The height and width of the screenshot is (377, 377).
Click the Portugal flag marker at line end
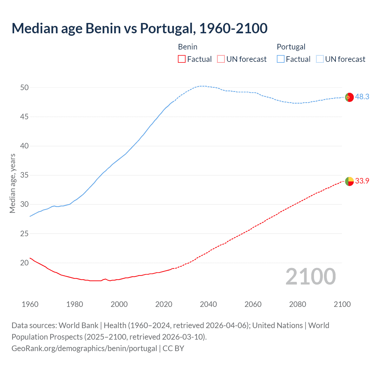(349, 97)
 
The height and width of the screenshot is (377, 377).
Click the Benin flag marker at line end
(349, 181)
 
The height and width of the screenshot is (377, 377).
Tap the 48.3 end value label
(362, 97)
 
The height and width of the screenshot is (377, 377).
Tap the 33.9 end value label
(362, 181)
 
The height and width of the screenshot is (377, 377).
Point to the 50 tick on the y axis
(24, 87)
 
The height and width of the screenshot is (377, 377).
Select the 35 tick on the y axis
(24, 175)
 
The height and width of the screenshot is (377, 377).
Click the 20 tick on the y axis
(24, 263)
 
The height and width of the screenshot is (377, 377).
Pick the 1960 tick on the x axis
(30, 304)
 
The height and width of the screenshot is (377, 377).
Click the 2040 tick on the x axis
(208, 304)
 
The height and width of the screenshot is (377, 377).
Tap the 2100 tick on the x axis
(342, 304)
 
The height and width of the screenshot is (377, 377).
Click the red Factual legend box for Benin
(182, 59)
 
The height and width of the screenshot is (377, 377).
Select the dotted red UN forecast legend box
(221, 59)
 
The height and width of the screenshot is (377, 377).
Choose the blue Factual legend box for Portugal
(281, 59)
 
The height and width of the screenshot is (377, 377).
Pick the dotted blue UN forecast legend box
(320, 59)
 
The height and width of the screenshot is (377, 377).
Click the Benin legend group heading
(188, 47)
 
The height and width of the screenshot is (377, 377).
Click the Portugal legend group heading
(291, 47)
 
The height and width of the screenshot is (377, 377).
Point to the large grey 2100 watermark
(311, 277)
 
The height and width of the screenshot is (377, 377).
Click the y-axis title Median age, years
(12, 183)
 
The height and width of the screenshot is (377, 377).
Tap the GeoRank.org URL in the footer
(84, 348)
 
